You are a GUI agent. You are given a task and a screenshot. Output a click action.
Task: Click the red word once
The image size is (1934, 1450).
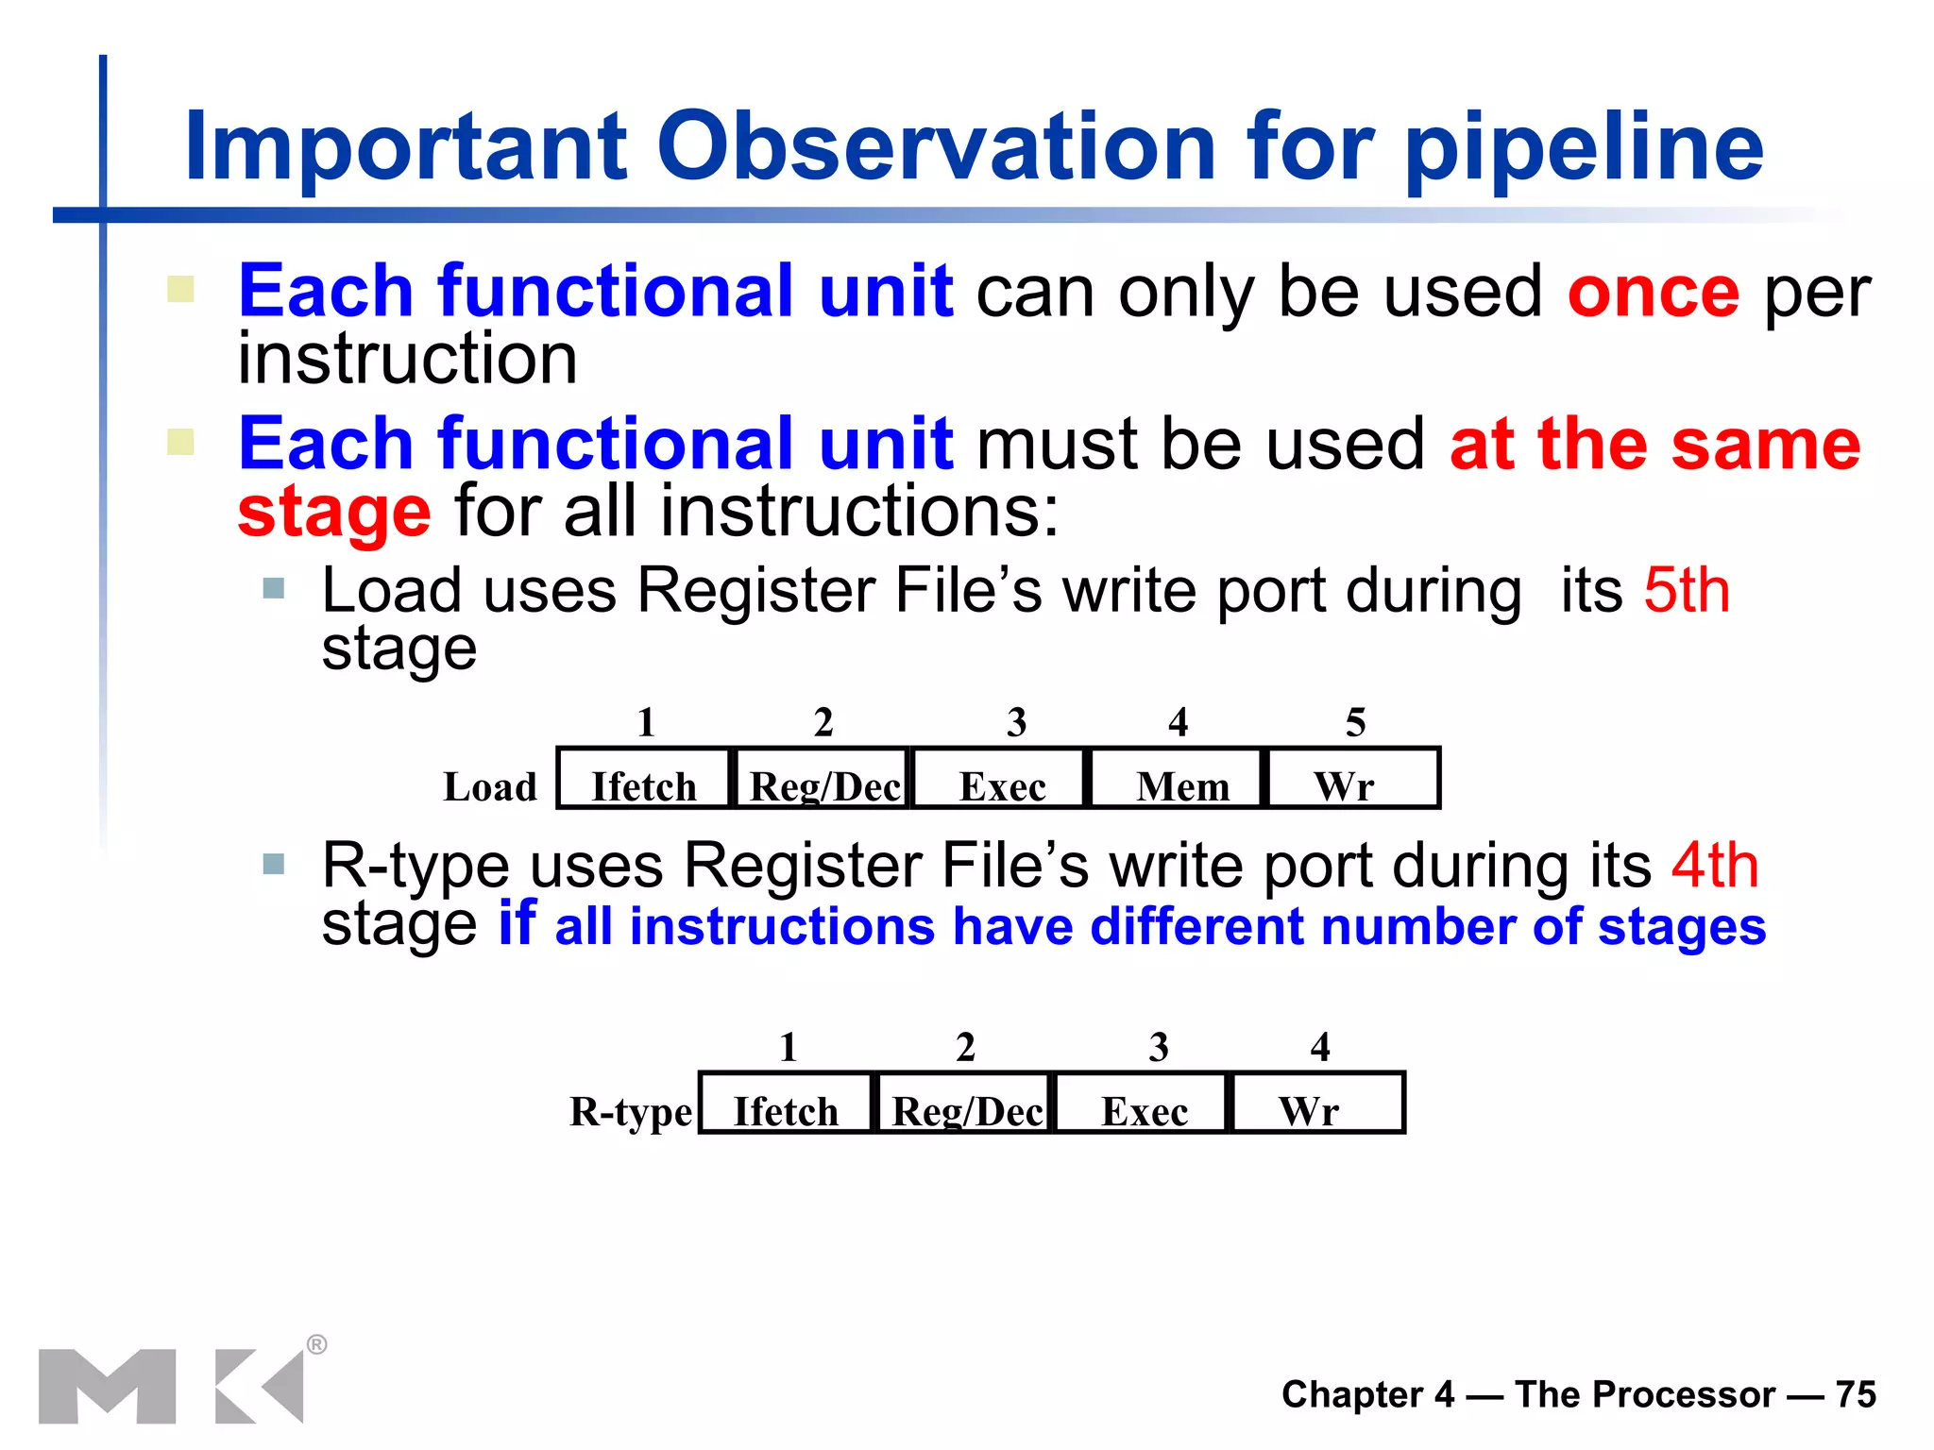[1653, 293]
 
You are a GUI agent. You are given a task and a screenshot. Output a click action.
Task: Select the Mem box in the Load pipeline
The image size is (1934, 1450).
[1178, 779]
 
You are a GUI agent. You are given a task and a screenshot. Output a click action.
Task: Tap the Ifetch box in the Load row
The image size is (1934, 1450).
[644, 779]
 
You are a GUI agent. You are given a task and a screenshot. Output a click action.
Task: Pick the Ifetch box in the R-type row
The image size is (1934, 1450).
[786, 1104]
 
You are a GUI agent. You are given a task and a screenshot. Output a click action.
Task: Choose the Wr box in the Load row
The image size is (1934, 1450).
[1352, 779]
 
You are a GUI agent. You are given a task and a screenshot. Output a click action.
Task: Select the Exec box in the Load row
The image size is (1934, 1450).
[1001, 779]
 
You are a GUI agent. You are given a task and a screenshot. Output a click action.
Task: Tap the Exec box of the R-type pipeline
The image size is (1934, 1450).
[1143, 1104]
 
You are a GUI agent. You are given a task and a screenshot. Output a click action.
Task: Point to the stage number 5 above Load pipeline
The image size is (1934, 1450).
[1355, 723]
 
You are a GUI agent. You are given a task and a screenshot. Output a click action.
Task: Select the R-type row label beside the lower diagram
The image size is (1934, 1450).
[630, 1112]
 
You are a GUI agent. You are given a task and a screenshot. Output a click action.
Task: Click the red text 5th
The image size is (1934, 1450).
[1687, 591]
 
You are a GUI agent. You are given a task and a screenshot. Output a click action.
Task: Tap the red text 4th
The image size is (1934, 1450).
[1715, 866]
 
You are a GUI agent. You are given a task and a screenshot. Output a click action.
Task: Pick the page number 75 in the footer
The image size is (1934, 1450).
[1856, 1394]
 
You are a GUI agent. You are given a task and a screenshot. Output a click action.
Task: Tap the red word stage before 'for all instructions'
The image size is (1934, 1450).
[334, 513]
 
